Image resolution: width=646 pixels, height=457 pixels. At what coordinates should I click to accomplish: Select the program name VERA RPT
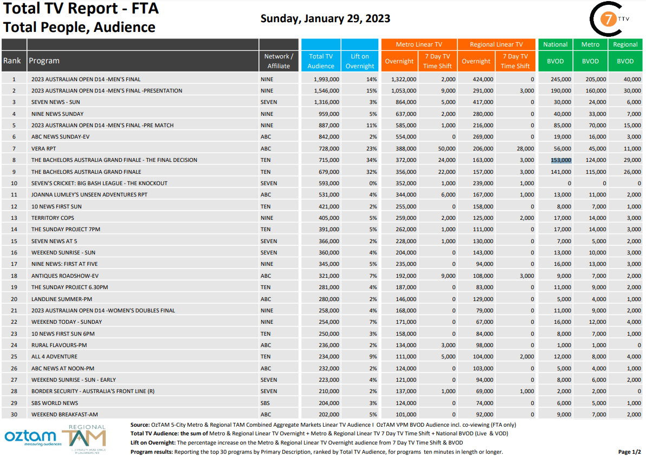43,148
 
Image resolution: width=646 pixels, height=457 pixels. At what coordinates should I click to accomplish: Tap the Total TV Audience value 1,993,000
326,79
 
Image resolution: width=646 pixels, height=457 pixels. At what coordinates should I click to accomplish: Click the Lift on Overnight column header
360,61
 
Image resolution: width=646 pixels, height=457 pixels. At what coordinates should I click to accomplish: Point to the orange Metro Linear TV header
419,44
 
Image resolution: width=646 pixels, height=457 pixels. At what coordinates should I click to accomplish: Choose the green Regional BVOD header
625,44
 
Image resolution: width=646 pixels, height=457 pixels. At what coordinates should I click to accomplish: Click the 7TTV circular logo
610,19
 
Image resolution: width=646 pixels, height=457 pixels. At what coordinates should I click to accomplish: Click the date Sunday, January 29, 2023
325,18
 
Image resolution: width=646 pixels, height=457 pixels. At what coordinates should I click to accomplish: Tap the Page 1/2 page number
629,452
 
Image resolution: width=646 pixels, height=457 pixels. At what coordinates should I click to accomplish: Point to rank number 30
14,414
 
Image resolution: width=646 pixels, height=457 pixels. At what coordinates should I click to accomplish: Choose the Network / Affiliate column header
279,61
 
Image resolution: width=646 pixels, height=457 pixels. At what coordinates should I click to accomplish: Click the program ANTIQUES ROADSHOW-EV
64,276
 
